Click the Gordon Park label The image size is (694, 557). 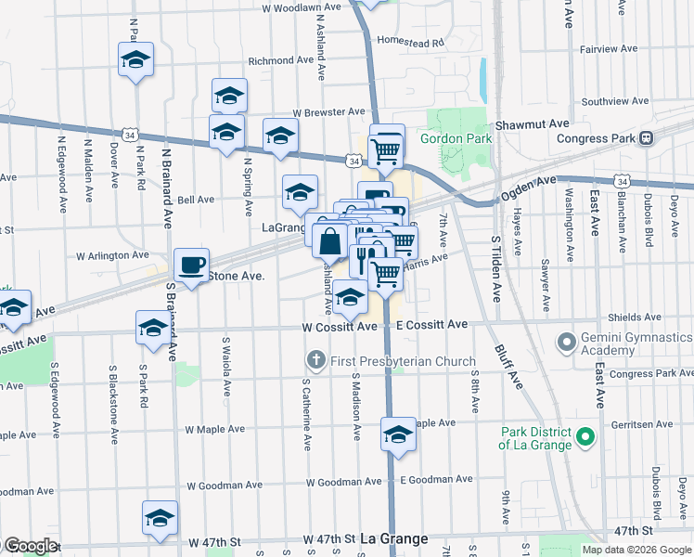click(x=455, y=138)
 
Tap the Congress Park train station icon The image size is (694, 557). click(x=647, y=138)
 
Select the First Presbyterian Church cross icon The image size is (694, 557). click(x=315, y=359)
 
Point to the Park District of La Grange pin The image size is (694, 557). click(x=585, y=435)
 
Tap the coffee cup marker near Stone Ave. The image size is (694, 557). click(x=191, y=266)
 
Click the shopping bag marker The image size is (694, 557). click(x=330, y=242)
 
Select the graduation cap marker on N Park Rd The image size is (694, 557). click(x=136, y=61)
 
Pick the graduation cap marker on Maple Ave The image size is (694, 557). click(x=398, y=434)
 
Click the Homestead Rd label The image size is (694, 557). click(x=411, y=43)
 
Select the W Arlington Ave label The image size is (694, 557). click(x=112, y=254)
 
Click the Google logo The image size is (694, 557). click(x=30, y=546)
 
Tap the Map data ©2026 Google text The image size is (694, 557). click(x=636, y=550)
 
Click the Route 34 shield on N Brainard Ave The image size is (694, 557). click(x=135, y=136)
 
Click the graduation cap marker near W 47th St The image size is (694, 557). click(x=161, y=519)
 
